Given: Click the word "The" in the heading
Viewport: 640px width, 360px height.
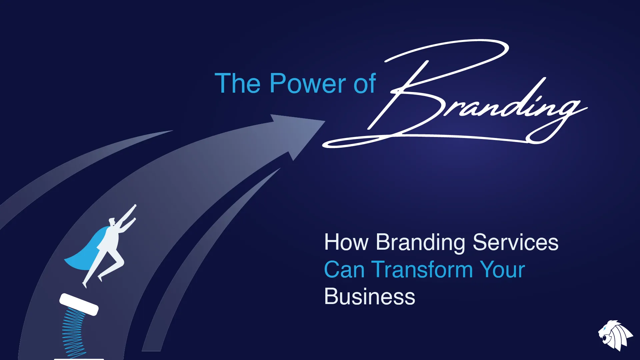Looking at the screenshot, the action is click(x=238, y=83).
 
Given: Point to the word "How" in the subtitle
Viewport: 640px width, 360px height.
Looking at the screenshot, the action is click(x=346, y=242).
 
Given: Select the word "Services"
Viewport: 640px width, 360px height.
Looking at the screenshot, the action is click(x=515, y=242).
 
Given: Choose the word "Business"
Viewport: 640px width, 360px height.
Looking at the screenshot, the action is click(x=370, y=296).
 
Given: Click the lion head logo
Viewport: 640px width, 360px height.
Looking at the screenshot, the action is click(x=615, y=335).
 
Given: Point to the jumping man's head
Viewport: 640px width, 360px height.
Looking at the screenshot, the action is click(x=112, y=221).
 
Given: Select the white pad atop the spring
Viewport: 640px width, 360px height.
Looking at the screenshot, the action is click(x=79, y=304).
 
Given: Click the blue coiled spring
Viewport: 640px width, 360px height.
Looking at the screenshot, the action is click(x=73, y=333).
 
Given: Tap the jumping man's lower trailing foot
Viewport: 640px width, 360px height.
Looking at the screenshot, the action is click(x=85, y=285).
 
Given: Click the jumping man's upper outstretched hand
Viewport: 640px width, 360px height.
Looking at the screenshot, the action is click(x=135, y=206).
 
